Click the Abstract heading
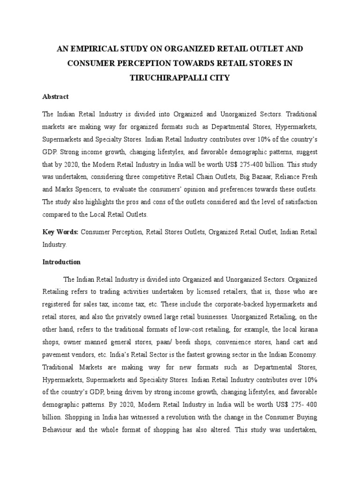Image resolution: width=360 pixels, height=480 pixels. pyautogui.click(x=55, y=97)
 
